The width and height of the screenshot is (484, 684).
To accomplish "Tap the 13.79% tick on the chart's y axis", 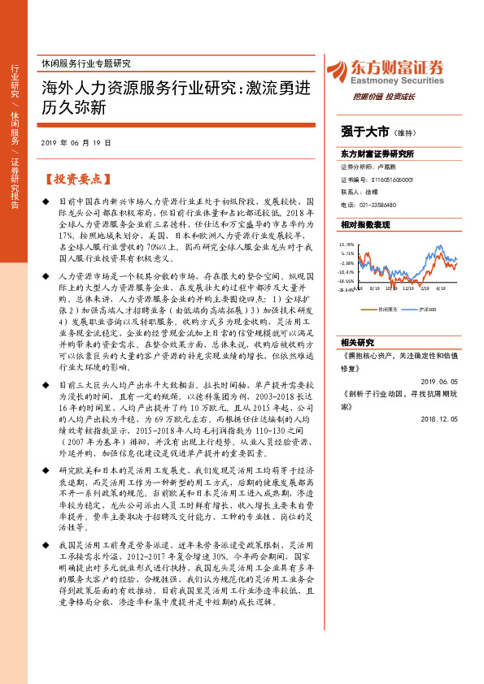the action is [347, 244].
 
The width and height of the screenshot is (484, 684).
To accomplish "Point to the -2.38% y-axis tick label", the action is [347, 262].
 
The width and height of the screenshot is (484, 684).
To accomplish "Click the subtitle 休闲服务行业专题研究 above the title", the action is [85, 63].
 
